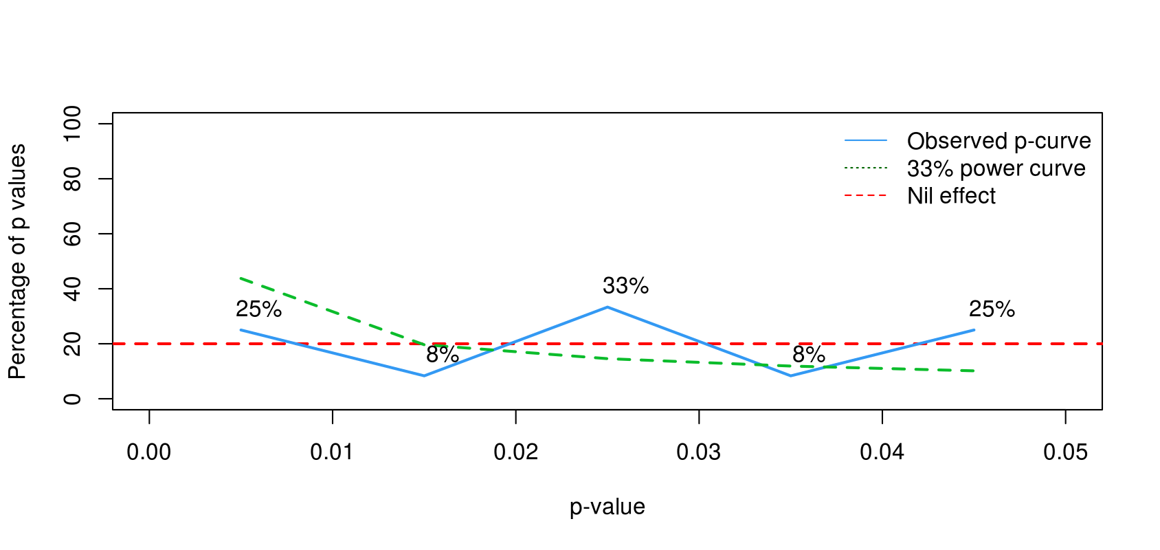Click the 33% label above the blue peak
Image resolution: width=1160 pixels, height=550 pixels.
tap(625, 286)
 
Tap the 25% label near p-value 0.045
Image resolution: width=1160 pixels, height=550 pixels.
tap(992, 309)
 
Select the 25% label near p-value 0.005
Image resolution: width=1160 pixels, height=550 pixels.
tap(258, 309)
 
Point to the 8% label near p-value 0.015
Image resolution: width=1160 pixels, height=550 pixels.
tap(442, 355)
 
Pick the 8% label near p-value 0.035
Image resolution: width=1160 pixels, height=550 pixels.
tap(808, 355)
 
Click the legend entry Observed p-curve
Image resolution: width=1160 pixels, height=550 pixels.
tap(999, 141)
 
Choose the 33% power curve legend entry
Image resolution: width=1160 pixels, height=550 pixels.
tap(996, 168)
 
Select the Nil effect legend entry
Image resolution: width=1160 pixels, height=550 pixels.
tap(951, 196)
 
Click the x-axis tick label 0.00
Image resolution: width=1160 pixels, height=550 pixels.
tap(149, 452)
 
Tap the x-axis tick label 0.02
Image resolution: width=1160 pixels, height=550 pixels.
tap(515, 452)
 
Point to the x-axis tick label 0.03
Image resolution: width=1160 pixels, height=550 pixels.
tap(699, 452)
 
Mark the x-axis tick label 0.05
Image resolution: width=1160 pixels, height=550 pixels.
tap(1065, 452)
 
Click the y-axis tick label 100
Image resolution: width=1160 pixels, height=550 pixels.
tap(72, 124)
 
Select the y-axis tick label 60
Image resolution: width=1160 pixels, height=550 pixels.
tap(72, 234)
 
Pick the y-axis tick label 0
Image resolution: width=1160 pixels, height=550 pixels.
tap(72, 399)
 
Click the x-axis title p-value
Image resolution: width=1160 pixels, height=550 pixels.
tap(607, 507)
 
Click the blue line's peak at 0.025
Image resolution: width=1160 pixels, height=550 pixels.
tap(607, 307)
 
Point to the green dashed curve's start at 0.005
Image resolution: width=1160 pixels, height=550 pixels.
tap(241, 278)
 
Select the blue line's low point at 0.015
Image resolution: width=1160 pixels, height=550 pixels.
tap(424, 375)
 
